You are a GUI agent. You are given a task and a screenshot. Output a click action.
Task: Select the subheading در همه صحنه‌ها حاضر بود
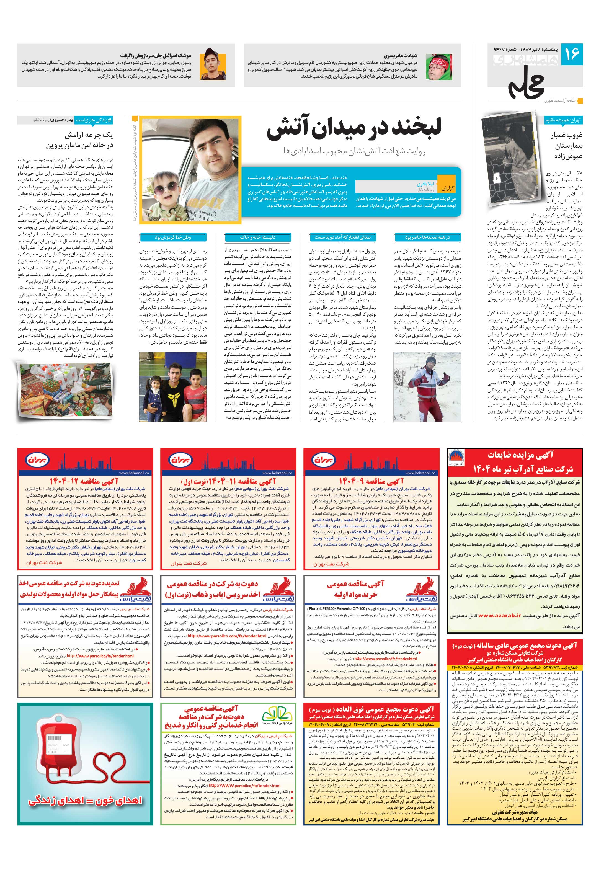[427, 237]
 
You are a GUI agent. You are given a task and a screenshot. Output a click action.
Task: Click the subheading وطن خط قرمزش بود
[172, 237]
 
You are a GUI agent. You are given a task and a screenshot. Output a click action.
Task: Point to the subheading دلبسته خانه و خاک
[258, 237]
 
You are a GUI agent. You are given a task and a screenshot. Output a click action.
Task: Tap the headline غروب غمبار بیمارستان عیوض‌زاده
[566, 146]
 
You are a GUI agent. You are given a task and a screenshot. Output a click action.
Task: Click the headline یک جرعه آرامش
[88, 135]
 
